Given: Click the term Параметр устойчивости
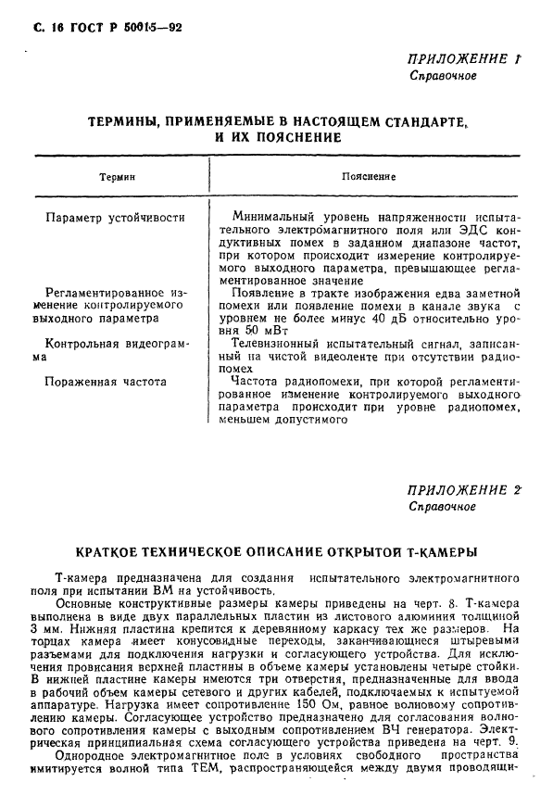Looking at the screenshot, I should click(x=115, y=218).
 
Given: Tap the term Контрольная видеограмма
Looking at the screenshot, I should click(x=111, y=348).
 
